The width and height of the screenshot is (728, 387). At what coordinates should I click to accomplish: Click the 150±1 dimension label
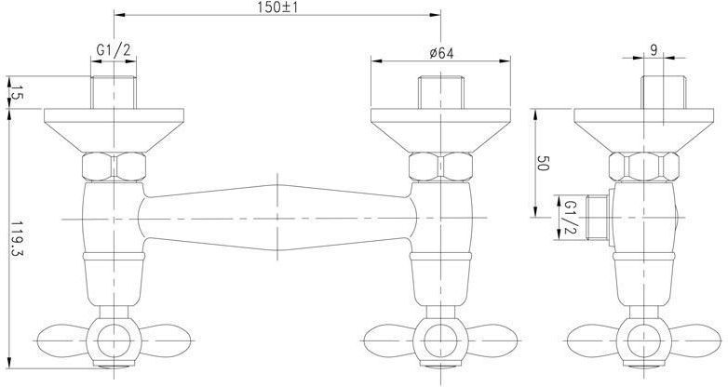[277, 7]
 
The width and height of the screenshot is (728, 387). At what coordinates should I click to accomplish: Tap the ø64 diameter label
[441, 53]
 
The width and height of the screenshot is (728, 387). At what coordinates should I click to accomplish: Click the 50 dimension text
[543, 164]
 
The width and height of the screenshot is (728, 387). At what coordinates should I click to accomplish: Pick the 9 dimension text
[654, 50]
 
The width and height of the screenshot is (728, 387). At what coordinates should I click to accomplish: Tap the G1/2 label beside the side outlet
[571, 217]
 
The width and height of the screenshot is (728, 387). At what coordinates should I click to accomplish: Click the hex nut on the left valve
[114, 167]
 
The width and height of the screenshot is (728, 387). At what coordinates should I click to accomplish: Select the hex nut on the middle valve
[440, 167]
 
